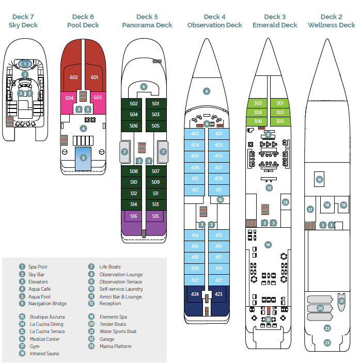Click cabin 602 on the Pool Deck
[x=73, y=77]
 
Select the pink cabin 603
[x=98, y=97]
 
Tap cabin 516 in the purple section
[x=134, y=216]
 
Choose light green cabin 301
[x=280, y=103]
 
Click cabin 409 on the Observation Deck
[x=218, y=179]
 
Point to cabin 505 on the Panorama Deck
[x=155, y=125]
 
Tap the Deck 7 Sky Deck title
[x=23, y=21]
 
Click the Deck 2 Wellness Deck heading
[x=331, y=21]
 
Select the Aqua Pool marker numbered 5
[x=83, y=157]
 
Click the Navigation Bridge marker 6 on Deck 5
[x=144, y=87]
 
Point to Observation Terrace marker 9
[x=207, y=91]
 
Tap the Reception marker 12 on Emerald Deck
[x=269, y=188]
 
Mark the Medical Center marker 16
[x=319, y=180]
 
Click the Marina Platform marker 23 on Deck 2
[x=327, y=342]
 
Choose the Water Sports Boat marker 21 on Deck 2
[x=341, y=301]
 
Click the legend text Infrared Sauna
[x=44, y=354]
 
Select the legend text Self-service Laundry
[x=121, y=289]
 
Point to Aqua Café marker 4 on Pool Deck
[x=83, y=128]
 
